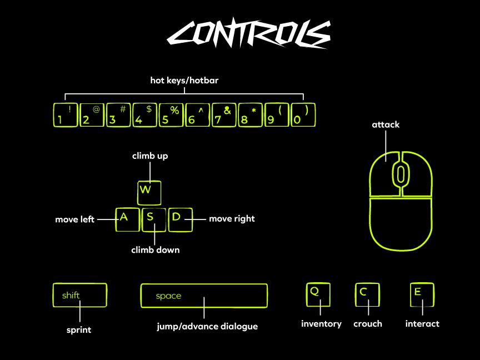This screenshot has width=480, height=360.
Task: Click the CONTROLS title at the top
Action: [248, 34]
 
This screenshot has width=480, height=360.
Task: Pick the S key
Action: [153, 219]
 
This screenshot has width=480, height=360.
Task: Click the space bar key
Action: [204, 296]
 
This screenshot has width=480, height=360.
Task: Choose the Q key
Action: [318, 294]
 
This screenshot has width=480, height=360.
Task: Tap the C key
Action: [367, 294]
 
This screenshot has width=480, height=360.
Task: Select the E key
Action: [422, 294]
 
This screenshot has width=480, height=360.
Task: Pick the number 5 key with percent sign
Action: [171, 115]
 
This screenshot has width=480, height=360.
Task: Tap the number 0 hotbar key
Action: [303, 115]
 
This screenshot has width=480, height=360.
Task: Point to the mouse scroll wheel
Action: [400, 173]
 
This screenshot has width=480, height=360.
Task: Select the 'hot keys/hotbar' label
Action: [184, 81]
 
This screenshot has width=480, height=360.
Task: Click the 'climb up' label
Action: [150, 156]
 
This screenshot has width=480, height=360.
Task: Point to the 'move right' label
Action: [232, 219]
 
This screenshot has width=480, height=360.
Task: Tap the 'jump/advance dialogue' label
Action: [207, 326]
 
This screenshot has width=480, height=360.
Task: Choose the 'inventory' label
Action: [321, 323]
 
